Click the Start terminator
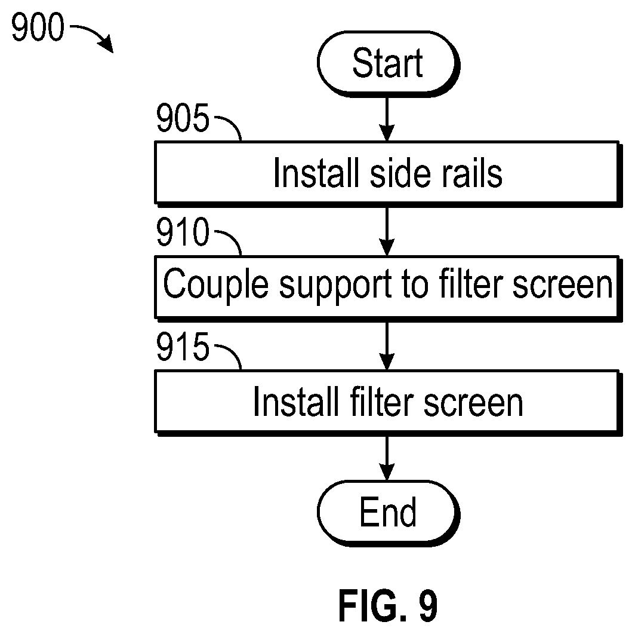389,64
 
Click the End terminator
389,513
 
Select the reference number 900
38,27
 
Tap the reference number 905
183,117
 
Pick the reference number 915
183,346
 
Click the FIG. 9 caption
388,606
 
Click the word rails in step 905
472,173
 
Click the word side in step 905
400,173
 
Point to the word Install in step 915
295,402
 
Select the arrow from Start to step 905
387,119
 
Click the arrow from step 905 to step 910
387,231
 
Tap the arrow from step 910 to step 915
387,346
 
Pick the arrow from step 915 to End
387,458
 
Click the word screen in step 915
473,404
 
